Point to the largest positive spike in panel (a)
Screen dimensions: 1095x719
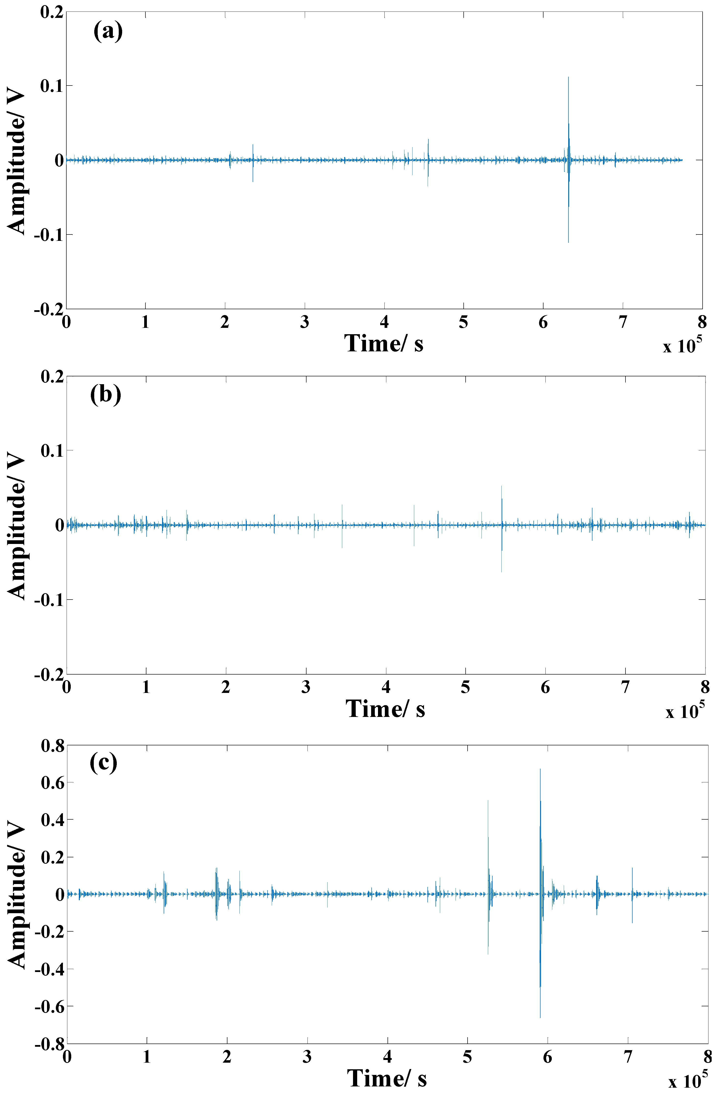pos(568,78)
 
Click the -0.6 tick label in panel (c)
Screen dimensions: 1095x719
pos(50,1007)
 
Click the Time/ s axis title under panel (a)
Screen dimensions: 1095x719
pos(384,343)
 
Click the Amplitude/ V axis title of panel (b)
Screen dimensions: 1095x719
pos(17,525)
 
